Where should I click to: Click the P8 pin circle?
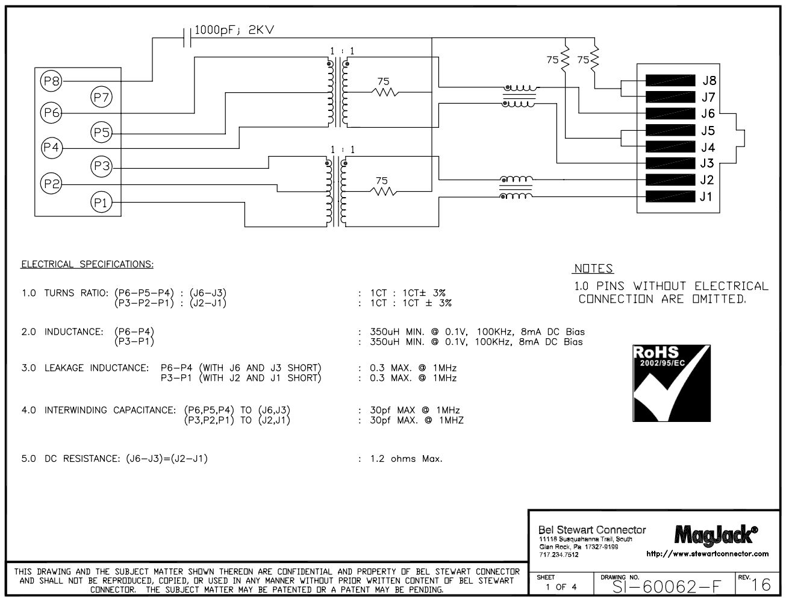(51, 80)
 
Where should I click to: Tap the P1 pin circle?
(101, 203)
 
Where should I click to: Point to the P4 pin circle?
(51, 147)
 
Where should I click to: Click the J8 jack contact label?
(708, 81)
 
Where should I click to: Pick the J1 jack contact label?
(706, 197)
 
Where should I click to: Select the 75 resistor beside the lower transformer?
(384, 191)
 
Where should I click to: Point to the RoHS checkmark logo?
(670, 383)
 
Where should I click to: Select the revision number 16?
(761, 585)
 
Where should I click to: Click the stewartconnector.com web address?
(707, 553)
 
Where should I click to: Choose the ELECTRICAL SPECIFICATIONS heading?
(87, 264)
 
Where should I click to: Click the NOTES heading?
(593, 269)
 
